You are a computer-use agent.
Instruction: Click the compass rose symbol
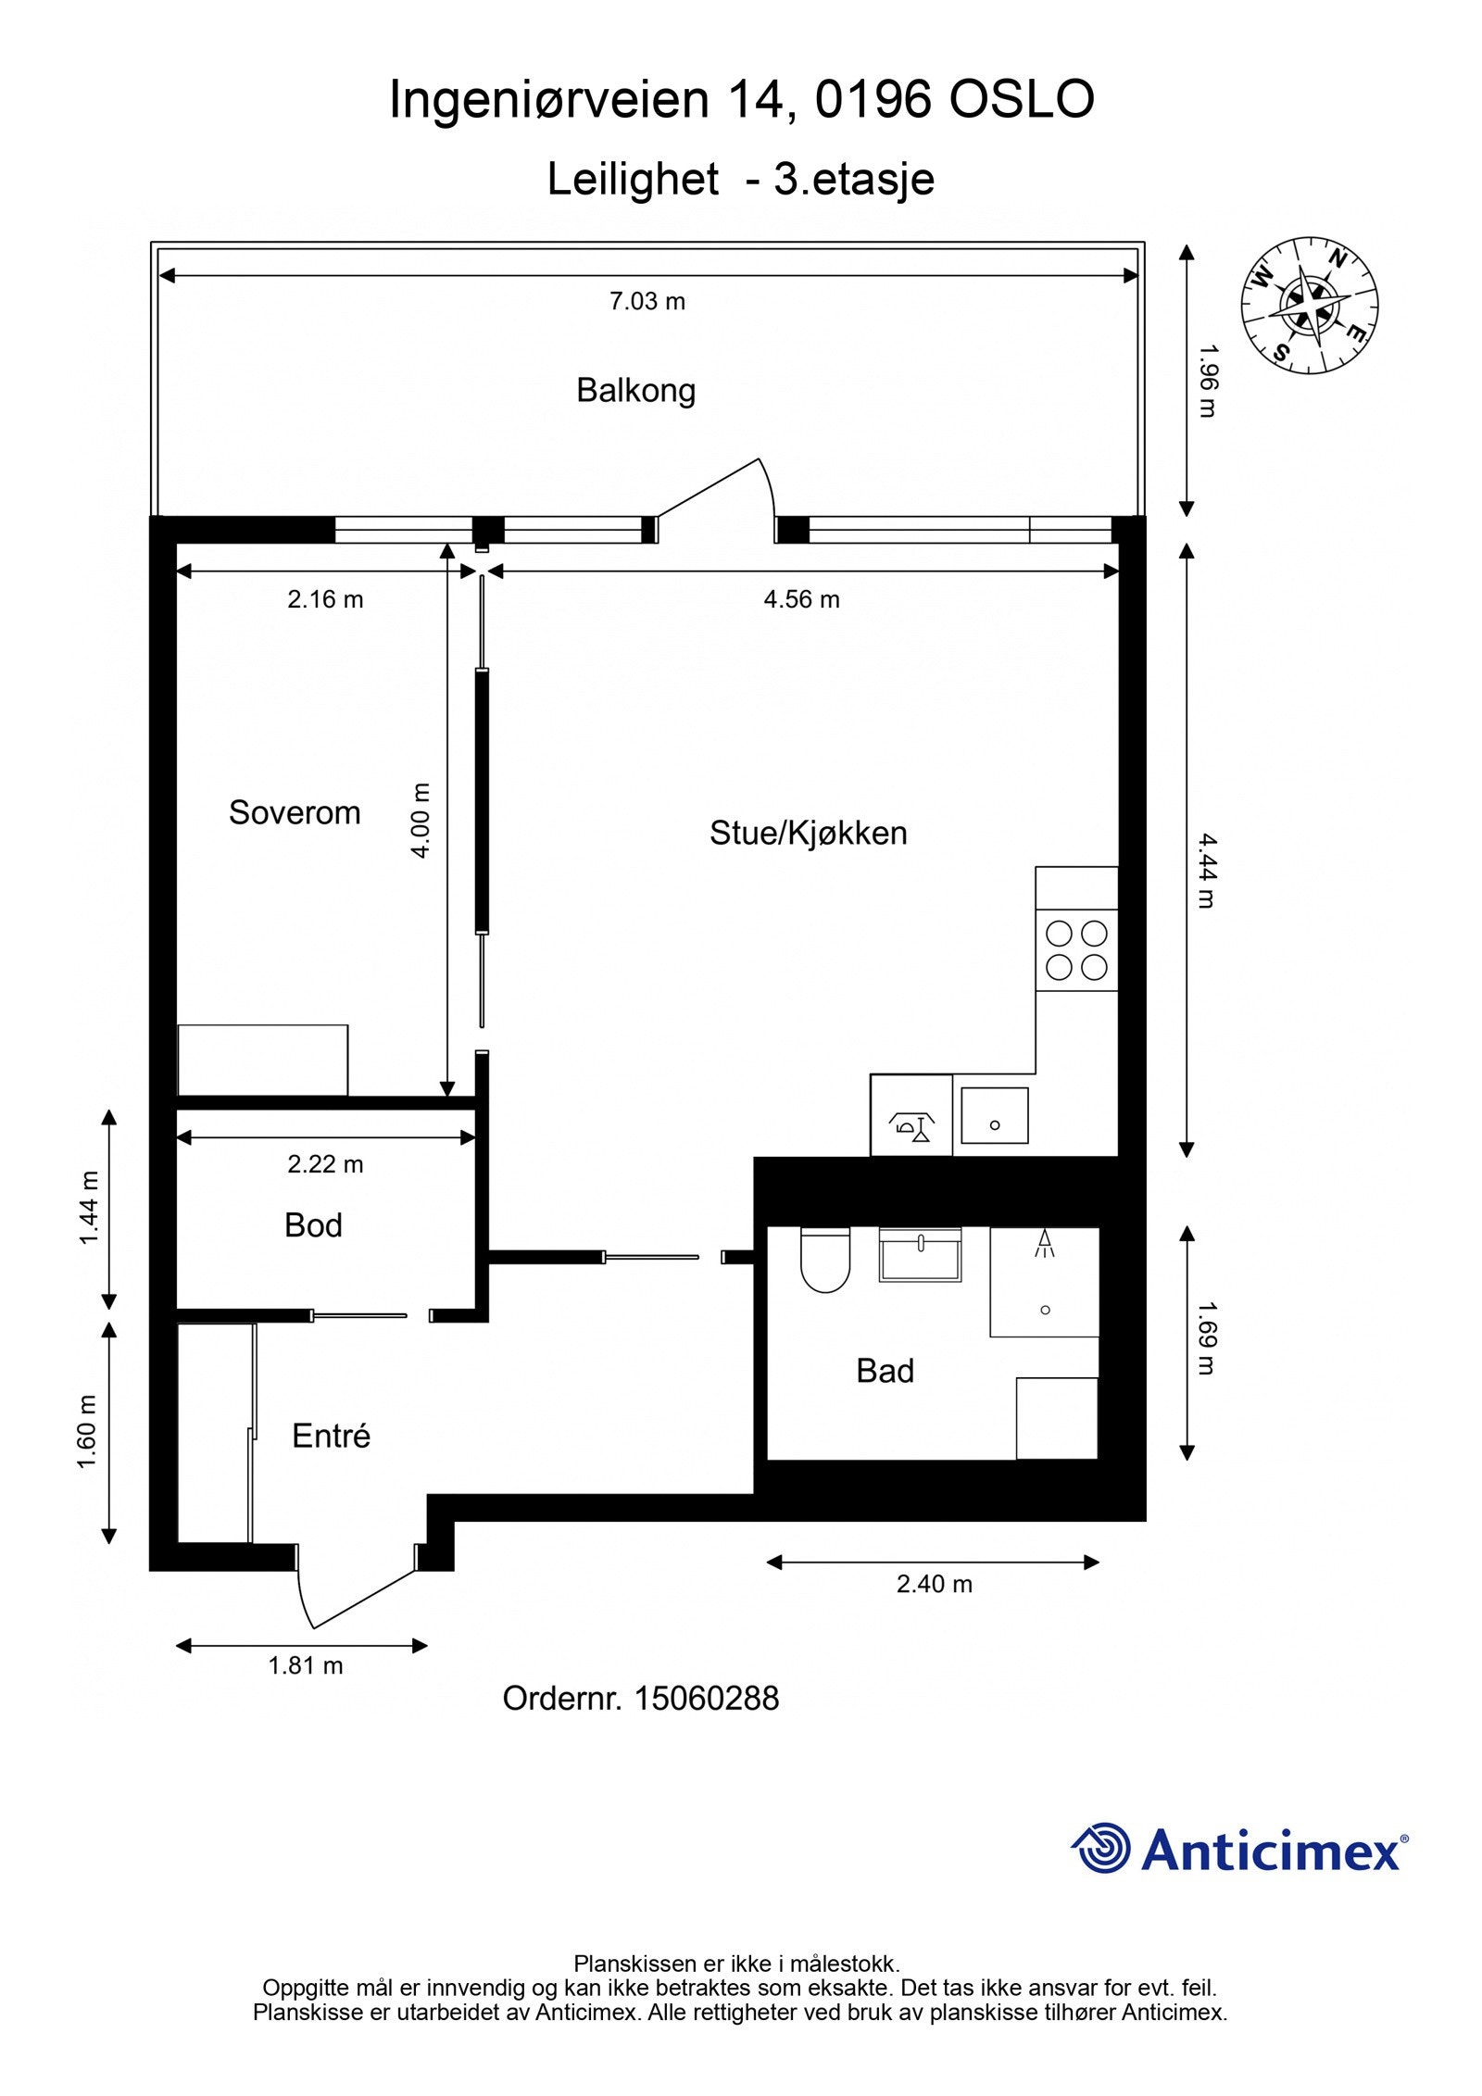tap(1309, 306)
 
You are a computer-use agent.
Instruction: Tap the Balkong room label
tap(635, 390)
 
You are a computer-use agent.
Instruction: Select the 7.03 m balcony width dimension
tap(647, 301)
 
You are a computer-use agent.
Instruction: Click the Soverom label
tap(295, 812)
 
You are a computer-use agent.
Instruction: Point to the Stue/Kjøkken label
tap(808, 833)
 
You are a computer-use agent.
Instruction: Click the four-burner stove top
tap(1076, 950)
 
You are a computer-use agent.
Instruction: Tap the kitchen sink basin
tap(995, 1115)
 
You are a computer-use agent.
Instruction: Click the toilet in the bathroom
tap(824, 1260)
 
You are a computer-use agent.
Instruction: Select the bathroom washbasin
tap(920, 1254)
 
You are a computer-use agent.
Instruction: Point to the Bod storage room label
tap(313, 1225)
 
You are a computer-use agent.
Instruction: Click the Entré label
tap(331, 1436)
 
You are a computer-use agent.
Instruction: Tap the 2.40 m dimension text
tap(934, 1584)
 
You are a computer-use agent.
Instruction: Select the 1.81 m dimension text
tap(306, 1666)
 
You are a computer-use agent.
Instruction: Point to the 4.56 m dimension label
tap(801, 599)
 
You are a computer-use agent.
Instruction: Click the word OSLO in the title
tap(1022, 99)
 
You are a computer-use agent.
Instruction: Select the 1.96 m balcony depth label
tap(1206, 382)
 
